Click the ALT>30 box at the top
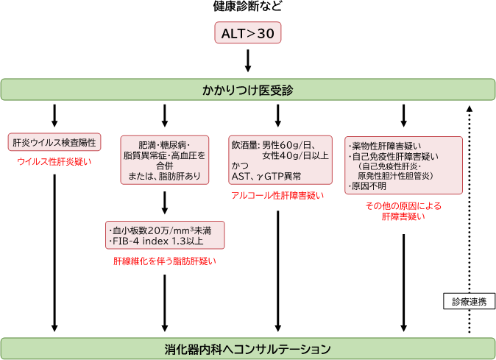point(248,33)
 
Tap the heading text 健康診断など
point(248,7)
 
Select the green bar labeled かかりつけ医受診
point(248,90)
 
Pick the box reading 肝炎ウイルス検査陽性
point(55,142)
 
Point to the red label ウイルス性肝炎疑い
point(55,162)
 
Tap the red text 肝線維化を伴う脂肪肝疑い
point(164,261)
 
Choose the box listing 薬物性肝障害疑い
point(403,165)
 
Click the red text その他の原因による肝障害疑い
point(403,211)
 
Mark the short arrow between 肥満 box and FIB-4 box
point(164,202)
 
